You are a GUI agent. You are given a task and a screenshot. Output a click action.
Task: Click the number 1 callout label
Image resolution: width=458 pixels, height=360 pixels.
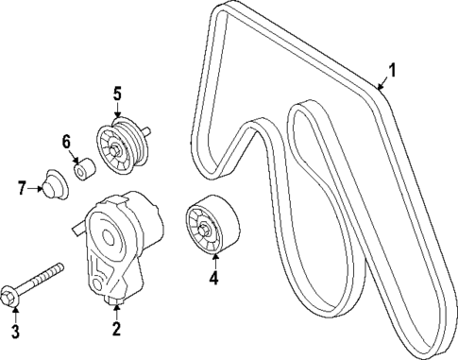click(x=393, y=68)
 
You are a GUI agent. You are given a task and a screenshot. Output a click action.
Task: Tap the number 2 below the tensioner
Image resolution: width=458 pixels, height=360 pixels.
click(x=116, y=329)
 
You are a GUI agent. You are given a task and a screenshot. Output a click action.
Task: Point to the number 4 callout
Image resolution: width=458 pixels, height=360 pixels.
click(x=213, y=278)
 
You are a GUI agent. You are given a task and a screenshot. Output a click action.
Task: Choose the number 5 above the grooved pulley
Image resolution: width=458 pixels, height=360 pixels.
click(x=117, y=94)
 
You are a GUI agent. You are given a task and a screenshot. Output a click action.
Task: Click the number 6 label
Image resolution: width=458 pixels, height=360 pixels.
click(x=67, y=142)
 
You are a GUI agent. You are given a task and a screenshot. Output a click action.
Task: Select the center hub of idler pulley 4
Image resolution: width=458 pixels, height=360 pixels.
click(x=207, y=229)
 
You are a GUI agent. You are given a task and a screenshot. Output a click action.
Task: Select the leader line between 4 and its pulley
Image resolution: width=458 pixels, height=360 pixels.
click(x=212, y=262)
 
